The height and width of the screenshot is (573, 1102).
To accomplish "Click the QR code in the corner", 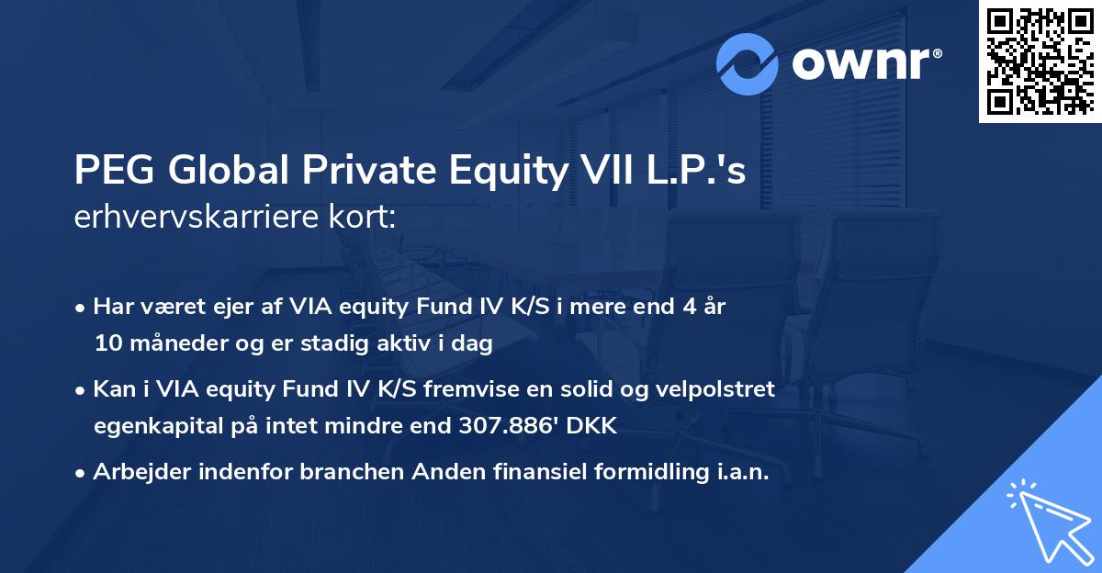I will point(1039,62).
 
